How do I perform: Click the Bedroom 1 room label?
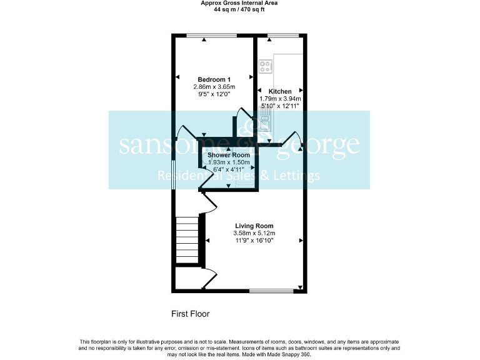coord(214,79)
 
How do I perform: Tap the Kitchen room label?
coord(280,91)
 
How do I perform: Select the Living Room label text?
coord(254,226)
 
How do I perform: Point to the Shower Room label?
coord(228,155)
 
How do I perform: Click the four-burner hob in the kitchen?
coord(264,65)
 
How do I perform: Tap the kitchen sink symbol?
coord(264,124)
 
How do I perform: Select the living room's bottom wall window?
coord(272,290)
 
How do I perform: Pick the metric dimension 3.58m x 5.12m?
coord(254,233)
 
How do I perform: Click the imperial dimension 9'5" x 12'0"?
coord(214,94)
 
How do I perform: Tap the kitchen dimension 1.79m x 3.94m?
coord(280,99)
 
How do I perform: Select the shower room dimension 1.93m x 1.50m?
coord(228,162)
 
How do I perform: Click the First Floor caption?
coord(191,314)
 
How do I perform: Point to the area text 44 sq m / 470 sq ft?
coord(239,9)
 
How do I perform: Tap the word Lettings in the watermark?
coord(296,176)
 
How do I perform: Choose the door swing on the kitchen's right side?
coord(294,140)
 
